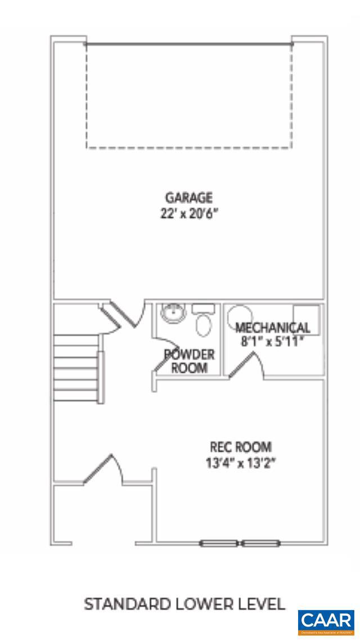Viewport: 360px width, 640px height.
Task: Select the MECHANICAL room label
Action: click(x=272, y=328)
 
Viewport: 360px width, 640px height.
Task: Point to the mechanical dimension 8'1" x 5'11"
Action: click(x=272, y=341)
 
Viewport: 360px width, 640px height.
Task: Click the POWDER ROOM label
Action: click(x=189, y=361)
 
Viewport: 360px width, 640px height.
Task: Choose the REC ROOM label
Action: click(x=241, y=447)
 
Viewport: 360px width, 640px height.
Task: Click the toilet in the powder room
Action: click(x=203, y=322)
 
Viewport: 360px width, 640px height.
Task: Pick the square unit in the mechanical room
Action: click(x=307, y=319)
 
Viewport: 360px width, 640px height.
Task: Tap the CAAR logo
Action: click(x=326, y=621)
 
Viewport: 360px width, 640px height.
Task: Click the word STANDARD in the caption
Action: click(x=119, y=605)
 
